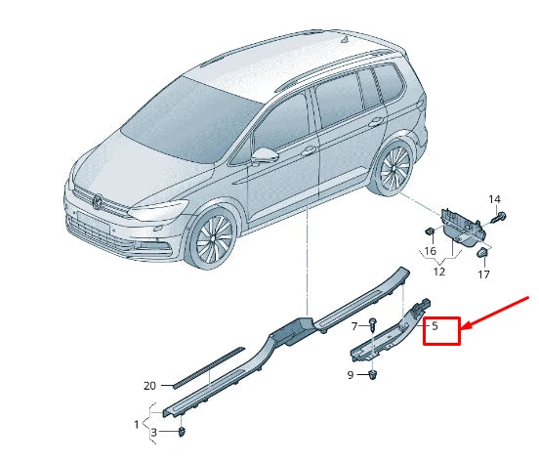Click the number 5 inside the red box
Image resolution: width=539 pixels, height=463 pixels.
[435, 327]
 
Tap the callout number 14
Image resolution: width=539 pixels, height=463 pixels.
[494, 199]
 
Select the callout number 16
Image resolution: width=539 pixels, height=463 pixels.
[429, 251]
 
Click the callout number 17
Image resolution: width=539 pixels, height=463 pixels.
[484, 275]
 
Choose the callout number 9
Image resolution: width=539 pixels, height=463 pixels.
[351, 375]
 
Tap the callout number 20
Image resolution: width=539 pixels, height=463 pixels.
[149, 386]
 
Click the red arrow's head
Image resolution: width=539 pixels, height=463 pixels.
[466, 326]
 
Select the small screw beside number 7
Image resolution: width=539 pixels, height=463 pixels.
[372, 323]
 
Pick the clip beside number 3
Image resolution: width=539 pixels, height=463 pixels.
[185, 431]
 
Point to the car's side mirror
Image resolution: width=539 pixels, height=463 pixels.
[265, 154]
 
